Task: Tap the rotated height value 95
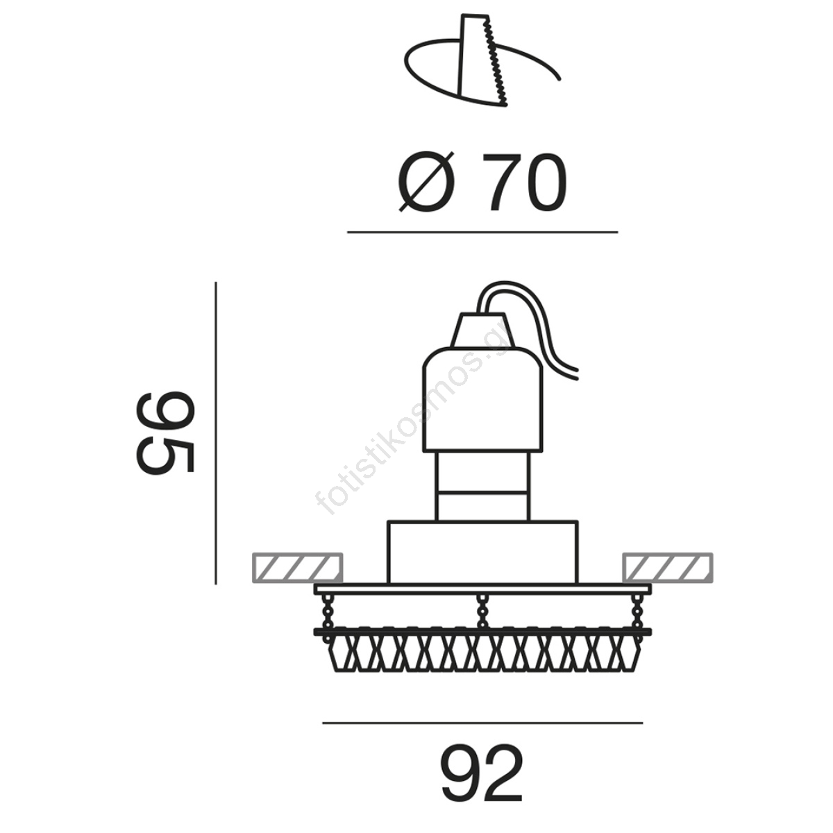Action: coord(166,432)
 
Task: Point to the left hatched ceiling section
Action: coord(297,566)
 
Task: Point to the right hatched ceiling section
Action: coord(668,566)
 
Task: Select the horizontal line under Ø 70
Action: coord(482,233)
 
